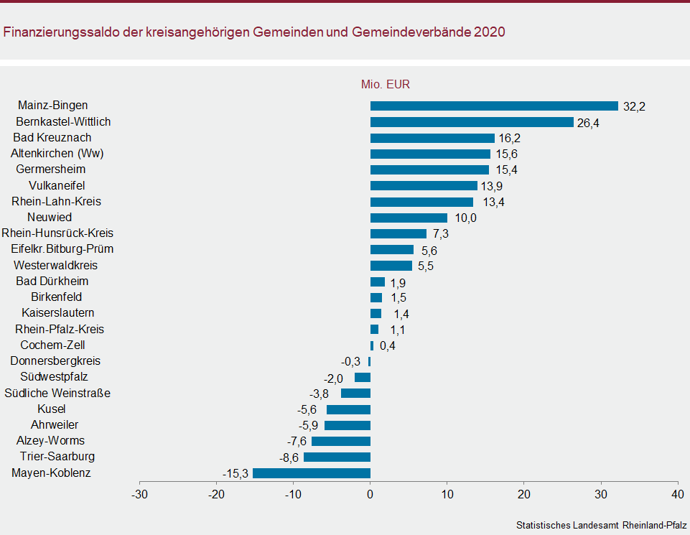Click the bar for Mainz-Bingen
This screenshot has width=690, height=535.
click(494, 106)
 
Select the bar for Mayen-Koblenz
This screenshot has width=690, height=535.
click(312, 473)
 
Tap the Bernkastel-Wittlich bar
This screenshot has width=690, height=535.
click(472, 122)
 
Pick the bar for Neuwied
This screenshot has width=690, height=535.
click(409, 218)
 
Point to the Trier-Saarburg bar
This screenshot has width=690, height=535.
click(337, 457)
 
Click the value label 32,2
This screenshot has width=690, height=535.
click(635, 107)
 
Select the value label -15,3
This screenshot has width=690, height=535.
click(235, 474)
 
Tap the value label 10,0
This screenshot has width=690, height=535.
click(466, 218)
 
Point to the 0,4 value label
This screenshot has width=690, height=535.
click(388, 346)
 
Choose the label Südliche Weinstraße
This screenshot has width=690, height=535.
click(57, 393)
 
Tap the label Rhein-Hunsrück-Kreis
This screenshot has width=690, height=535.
click(57, 233)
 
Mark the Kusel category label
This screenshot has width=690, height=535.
click(52, 409)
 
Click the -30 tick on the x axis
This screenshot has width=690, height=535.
click(139, 494)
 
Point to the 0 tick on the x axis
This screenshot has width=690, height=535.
click(370, 494)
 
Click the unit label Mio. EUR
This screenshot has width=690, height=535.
click(386, 85)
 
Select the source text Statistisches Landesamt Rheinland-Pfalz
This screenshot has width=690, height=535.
click(601, 525)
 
